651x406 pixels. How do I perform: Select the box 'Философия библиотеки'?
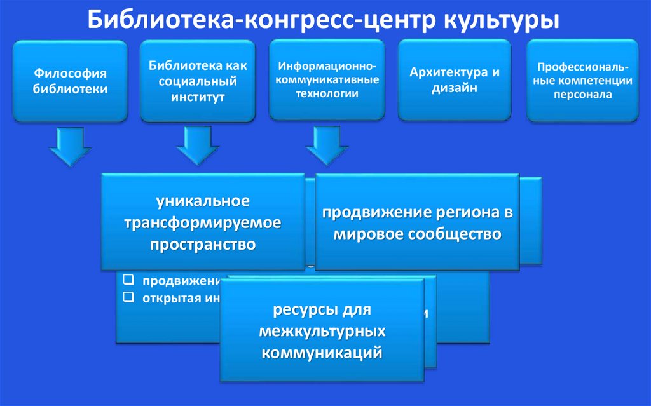(71, 81)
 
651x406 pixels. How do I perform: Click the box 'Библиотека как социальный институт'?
(197, 81)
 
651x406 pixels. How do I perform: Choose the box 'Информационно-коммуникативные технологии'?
(327, 81)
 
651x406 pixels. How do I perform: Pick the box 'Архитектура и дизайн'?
(454, 81)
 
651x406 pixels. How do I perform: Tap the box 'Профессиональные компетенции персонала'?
(583, 81)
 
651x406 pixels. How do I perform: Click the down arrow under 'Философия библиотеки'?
(70, 145)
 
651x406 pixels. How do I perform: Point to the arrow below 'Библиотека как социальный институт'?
(198, 145)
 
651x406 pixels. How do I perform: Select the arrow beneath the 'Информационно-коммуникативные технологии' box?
(327, 145)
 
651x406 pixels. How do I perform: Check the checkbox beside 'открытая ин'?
(128, 296)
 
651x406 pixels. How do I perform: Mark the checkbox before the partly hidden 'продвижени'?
(128, 280)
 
